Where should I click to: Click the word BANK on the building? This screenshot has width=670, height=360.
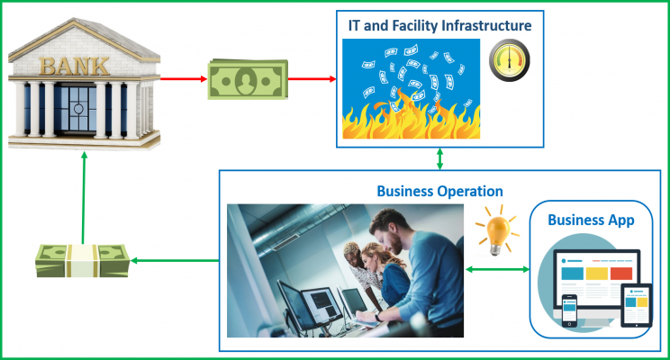tap(75, 67)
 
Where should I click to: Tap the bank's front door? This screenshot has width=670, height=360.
tap(78, 109)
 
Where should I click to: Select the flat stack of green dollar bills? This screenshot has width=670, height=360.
tap(248, 79)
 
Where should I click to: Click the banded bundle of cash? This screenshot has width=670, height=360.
tap(83, 260)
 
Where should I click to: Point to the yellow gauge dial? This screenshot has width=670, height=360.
tap(510, 60)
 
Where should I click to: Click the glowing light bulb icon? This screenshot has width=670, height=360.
tap(496, 231)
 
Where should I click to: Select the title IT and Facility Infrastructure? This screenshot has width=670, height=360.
tap(439, 25)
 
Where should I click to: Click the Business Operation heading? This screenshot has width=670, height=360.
tap(439, 191)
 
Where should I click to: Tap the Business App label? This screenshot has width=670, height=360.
tap(591, 220)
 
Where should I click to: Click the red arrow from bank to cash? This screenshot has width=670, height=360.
tap(184, 78)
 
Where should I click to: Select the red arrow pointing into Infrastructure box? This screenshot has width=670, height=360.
tap(312, 78)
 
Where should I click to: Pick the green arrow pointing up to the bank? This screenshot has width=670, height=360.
tap(84, 198)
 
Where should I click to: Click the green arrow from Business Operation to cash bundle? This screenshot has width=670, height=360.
tap(175, 260)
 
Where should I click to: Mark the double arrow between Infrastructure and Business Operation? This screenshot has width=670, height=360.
tap(439, 159)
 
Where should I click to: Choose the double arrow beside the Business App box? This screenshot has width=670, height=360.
tap(497, 269)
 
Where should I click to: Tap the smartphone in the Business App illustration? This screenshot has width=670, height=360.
tap(569, 310)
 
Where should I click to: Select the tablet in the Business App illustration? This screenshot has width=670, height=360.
tap(637, 305)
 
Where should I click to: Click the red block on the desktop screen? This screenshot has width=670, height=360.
tap(621, 274)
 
